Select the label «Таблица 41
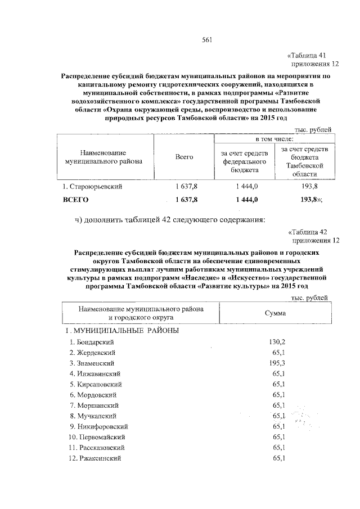(307, 55)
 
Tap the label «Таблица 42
(307, 231)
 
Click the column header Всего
(184, 157)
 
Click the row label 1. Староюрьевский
(93, 186)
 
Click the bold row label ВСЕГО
(75, 200)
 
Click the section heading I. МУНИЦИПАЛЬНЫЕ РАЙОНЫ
(123, 330)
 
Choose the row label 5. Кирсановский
(96, 384)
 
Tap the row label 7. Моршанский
(93, 405)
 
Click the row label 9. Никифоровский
(97, 426)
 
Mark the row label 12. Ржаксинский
(95, 458)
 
